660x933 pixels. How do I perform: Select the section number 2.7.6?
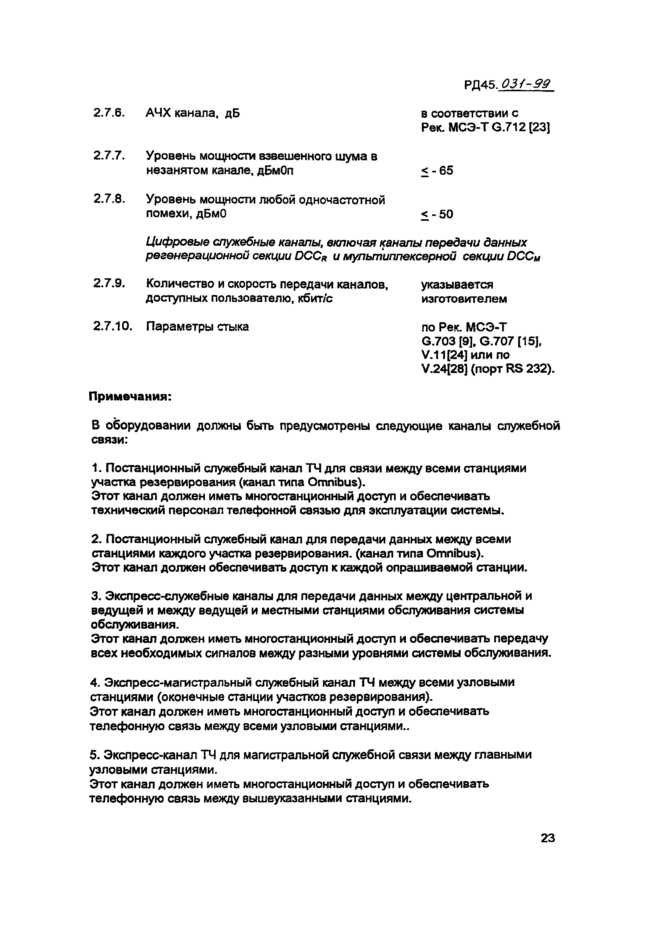pyautogui.click(x=108, y=113)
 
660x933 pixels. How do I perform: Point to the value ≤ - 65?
pyautogui.click(x=437, y=171)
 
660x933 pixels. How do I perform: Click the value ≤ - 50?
pyautogui.click(x=437, y=214)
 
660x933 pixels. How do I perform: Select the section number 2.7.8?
pyautogui.click(x=108, y=199)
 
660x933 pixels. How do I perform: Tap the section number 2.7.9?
pyautogui.click(x=108, y=283)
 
